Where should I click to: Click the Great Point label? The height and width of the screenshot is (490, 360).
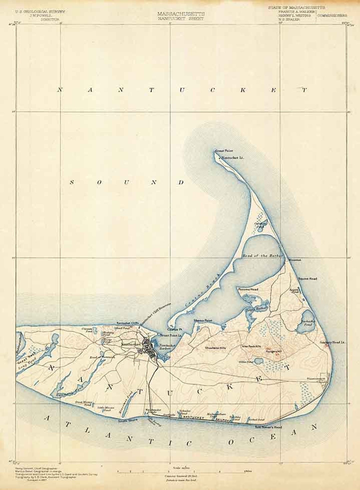pyautogui.click(x=224, y=151)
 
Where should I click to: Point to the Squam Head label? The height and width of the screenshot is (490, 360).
pyautogui.click(x=307, y=278)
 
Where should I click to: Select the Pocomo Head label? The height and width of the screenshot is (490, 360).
pyautogui.click(x=248, y=289)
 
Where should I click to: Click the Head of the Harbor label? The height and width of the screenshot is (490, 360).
pyautogui.click(x=262, y=255)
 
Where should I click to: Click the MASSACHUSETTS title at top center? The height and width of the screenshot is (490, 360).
pyautogui.click(x=181, y=14)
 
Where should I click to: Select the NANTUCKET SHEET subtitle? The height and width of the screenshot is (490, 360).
pyautogui.click(x=181, y=19)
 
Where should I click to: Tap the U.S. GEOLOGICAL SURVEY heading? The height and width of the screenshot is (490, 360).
pyautogui.click(x=40, y=11)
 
